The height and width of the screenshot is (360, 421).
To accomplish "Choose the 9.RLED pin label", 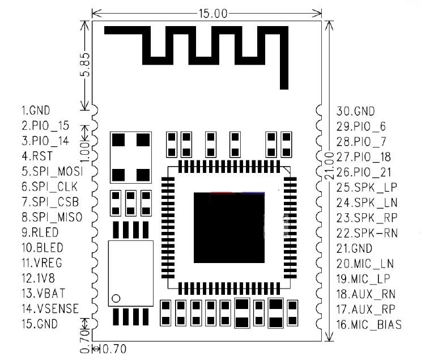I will pos(40,232).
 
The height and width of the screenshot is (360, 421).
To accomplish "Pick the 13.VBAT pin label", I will pos(42,294).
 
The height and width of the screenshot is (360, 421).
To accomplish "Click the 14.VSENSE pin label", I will pos(50,309).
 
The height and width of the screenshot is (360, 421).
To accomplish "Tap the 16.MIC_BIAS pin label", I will pos(369,325).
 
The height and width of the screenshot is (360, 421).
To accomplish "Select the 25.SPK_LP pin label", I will pos(363,187).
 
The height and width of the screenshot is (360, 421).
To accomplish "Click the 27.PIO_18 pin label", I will pos(363,156).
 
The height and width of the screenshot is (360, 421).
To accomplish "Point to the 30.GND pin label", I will pos(356,111).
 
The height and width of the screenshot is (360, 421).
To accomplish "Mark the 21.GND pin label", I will pos(354,248).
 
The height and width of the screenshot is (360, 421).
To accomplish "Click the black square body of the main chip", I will pos(229,227).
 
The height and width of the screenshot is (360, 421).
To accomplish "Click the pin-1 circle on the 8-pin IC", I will pos(116,298).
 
